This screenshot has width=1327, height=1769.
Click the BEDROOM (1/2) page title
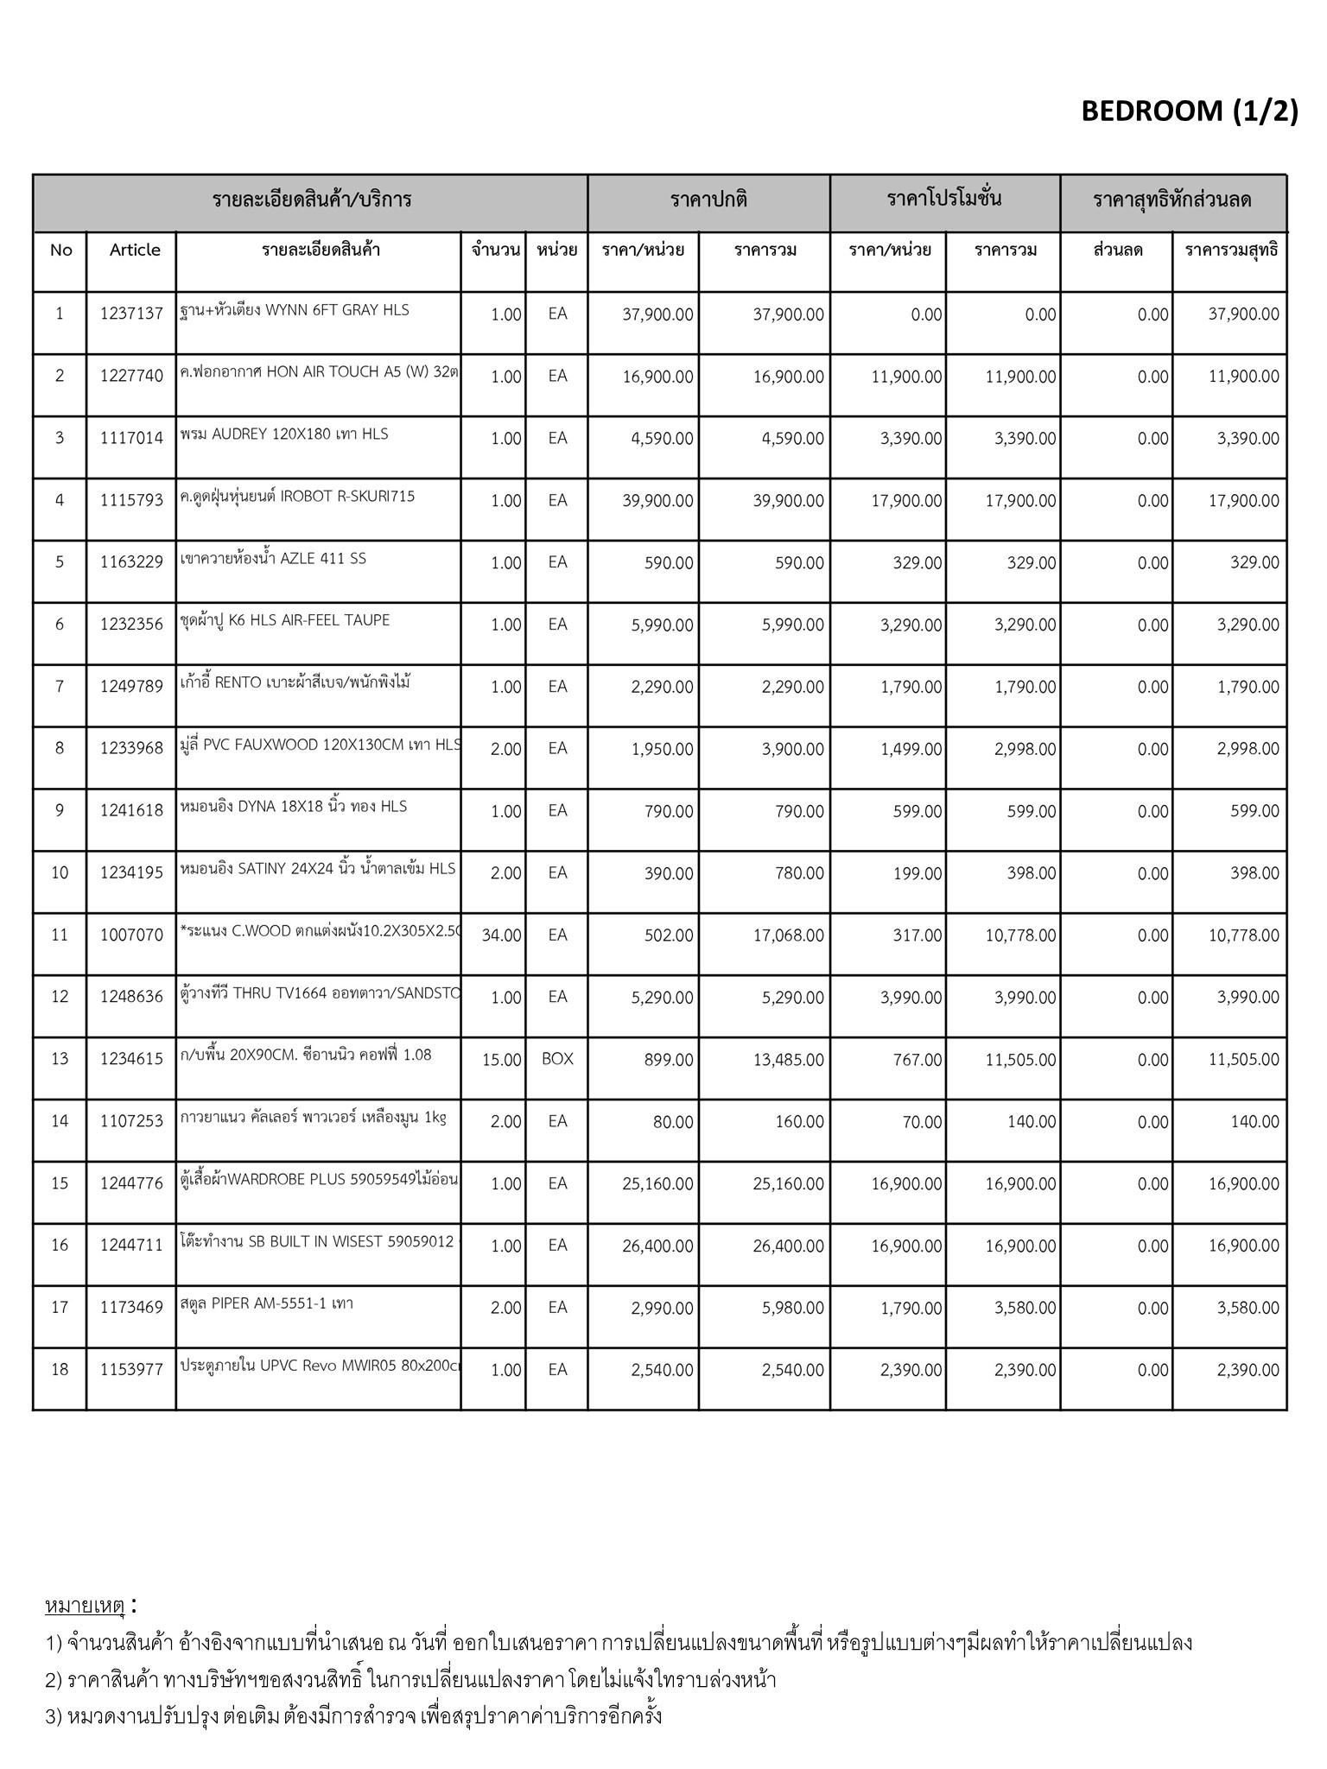[x=1189, y=111]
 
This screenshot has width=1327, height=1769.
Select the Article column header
[x=135, y=250]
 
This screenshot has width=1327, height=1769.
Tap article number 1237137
[x=131, y=314]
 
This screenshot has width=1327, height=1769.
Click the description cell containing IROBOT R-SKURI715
[x=298, y=497]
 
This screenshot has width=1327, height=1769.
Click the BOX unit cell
[x=557, y=1059]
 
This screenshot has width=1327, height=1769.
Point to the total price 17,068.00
[x=788, y=935]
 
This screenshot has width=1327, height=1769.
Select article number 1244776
[x=131, y=1183]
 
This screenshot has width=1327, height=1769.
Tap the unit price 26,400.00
[x=657, y=1246]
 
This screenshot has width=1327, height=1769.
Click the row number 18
[x=60, y=1370]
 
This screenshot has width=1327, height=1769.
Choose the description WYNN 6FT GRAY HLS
[x=295, y=310]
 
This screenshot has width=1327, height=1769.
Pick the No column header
[x=60, y=250]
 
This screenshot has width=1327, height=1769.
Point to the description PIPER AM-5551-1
[x=268, y=1303]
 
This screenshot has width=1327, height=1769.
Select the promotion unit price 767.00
[x=917, y=1060]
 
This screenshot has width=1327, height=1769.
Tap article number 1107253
[x=131, y=1121]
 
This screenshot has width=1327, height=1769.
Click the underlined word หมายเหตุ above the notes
[x=86, y=1606]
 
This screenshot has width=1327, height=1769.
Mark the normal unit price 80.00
[x=673, y=1122]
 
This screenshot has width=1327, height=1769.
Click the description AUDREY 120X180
[x=285, y=434]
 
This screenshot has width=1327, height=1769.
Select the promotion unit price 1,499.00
[x=911, y=750]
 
